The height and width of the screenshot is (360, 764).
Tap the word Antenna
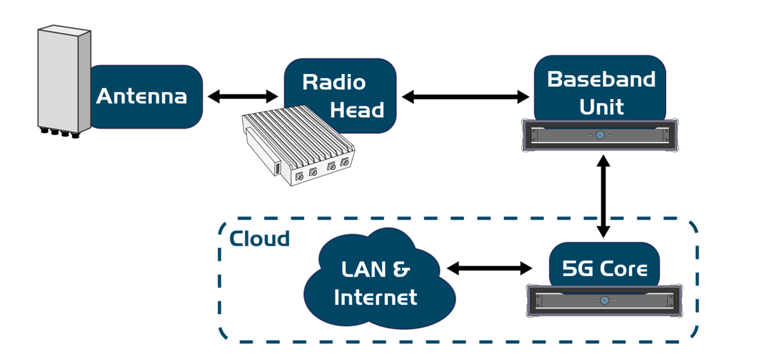pyautogui.click(x=141, y=96)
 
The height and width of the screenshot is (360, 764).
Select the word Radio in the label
pyautogui.click(x=334, y=82)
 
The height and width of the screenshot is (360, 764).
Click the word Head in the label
pyautogui.click(x=357, y=110)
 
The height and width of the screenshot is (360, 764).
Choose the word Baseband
pyautogui.click(x=601, y=79)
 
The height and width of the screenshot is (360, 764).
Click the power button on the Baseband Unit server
pyautogui.click(x=601, y=135)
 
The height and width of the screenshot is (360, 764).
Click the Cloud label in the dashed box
pyautogui.click(x=259, y=238)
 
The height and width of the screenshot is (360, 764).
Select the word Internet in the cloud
pyautogui.click(x=376, y=297)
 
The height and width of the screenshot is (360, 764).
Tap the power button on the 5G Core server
pyautogui.click(x=605, y=300)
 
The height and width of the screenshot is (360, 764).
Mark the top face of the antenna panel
pyautogui.click(x=64, y=30)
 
